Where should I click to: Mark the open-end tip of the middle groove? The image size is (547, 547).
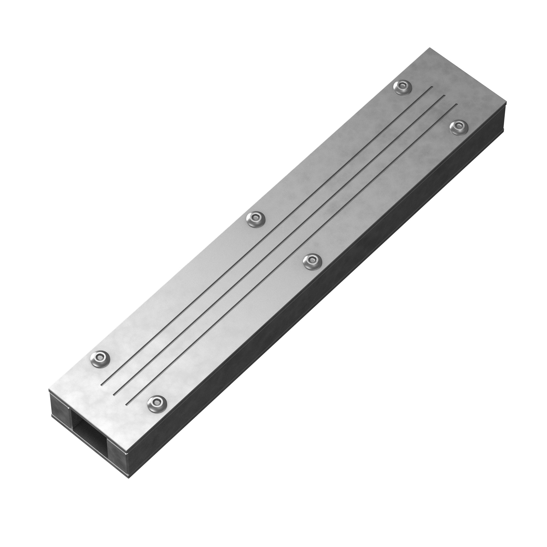114,394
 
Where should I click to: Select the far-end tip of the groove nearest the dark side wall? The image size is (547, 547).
457,105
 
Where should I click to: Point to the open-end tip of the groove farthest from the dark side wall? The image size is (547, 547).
101,385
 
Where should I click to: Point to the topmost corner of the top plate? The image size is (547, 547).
430,48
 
